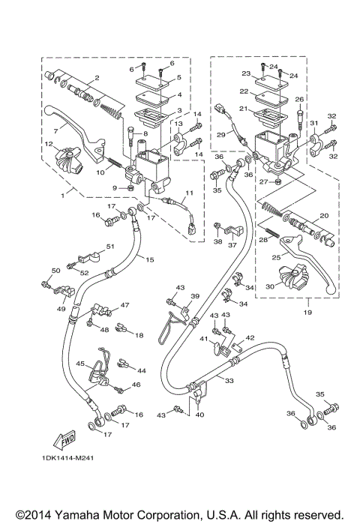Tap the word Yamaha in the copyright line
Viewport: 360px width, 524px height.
(x=73, y=514)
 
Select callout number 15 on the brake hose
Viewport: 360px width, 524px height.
(x=149, y=259)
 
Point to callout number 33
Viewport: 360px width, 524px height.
(x=229, y=381)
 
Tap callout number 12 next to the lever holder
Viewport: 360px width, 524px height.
(x=47, y=144)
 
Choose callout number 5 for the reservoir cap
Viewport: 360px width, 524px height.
(x=178, y=78)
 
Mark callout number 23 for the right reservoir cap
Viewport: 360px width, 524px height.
(x=245, y=74)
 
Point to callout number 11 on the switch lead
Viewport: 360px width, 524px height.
(x=189, y=194)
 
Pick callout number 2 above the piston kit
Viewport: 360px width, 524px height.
(x=97, y=79)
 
